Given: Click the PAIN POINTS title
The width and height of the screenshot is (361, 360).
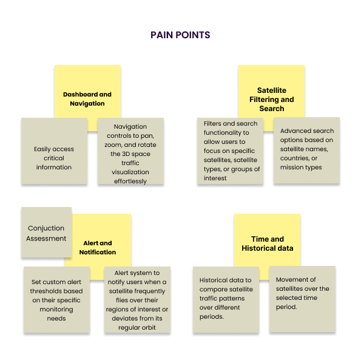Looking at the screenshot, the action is click(x=180, y=35).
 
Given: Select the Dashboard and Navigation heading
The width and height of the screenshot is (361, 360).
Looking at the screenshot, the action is click(x=87, y=99).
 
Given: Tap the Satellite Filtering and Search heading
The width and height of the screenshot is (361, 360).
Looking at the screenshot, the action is click(x=272, y=100).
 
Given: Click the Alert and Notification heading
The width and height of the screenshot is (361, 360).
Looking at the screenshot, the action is click(x=98, y=248).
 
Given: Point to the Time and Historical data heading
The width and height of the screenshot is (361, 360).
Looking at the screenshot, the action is click(x=268, y=243).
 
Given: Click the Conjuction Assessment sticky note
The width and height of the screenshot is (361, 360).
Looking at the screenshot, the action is click(x=46, y=232).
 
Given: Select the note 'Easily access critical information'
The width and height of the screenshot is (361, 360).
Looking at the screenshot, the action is click(x=54, y=151).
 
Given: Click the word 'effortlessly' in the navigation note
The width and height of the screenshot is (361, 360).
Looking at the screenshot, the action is click(x=130, y=182).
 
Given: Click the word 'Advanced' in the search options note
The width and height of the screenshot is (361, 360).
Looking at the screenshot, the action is click(x=289, y=131).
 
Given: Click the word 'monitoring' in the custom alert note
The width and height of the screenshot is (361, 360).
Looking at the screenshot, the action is click(x=56, y=310).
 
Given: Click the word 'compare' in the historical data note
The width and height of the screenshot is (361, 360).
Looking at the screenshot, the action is click(x=211, y=290).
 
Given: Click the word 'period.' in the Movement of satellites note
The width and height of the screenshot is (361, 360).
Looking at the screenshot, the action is click(x=286, y=307).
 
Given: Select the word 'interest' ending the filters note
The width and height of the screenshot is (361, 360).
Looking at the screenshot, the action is click(x=215, y=178).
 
